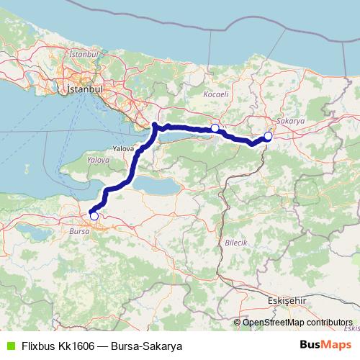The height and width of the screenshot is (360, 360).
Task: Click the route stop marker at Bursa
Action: coord(94,215)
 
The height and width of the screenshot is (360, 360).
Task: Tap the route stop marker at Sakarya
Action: coord(268,135)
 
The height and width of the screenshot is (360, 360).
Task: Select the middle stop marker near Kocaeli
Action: coord(215,127)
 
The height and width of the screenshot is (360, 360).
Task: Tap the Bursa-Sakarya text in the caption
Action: coord(147,346)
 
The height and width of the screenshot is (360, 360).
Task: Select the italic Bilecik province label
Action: coord(236,243)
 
